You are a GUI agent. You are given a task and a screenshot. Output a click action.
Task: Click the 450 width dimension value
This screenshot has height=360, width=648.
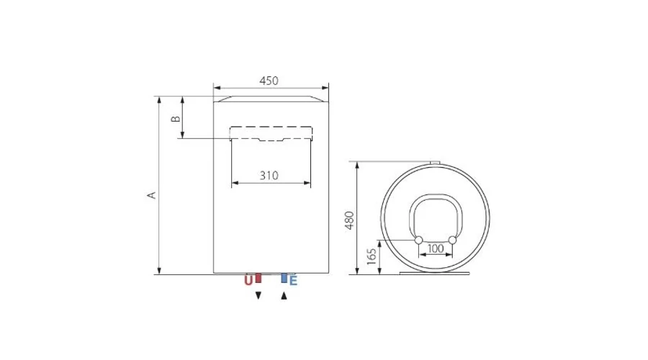(x=269, y=81)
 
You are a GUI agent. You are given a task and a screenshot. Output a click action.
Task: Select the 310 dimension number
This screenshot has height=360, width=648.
(x=269, y=176)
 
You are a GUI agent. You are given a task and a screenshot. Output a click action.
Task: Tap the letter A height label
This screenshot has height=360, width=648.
(x=152, y=194)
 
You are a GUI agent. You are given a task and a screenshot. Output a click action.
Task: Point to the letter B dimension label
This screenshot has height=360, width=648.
(x=176, y=119)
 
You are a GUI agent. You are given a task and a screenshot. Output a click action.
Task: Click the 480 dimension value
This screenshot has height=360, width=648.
(x=350, y=220)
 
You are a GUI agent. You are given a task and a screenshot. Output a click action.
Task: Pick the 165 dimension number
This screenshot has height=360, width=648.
(x=372, y=256)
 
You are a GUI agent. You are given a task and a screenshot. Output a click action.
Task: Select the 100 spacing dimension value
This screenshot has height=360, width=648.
(x=435, y=248)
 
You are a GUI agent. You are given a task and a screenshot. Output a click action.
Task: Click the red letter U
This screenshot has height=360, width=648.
(x=248, y=280)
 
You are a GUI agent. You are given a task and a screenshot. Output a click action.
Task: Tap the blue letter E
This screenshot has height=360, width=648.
(x=293, y=281)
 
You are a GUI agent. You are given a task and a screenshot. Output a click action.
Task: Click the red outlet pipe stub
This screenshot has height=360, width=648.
(x=258, y=278)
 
